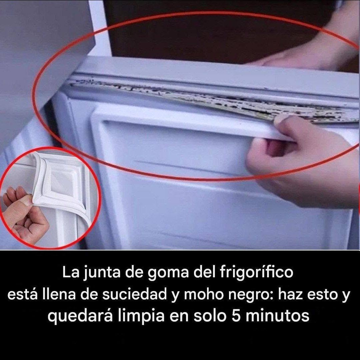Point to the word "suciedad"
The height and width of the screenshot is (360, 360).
(x=135, y=294)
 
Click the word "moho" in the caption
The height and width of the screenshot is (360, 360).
(x=204, y=294)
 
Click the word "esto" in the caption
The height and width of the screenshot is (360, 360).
(x=322, y=295)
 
